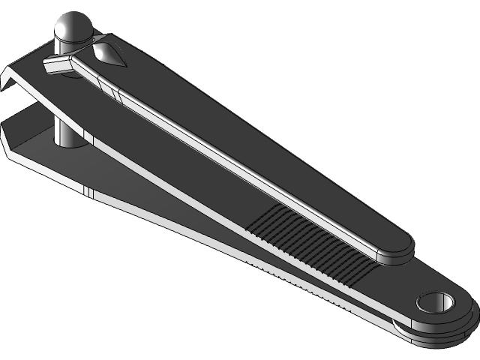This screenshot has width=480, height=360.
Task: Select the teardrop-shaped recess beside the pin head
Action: [x=109, y=53]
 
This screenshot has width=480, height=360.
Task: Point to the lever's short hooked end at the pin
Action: [x=57, y=67]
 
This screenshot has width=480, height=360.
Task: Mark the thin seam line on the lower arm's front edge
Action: [x=89, y=193]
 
